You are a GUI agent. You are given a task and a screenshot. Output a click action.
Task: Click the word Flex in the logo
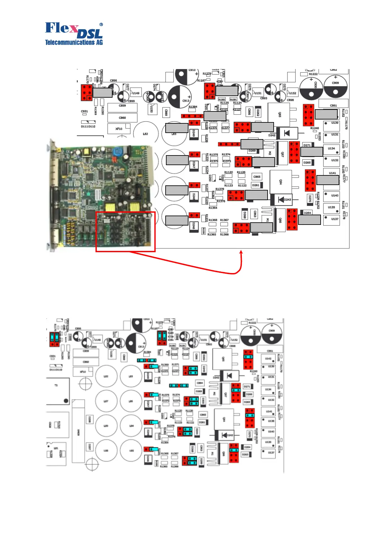click(x=61, y=28)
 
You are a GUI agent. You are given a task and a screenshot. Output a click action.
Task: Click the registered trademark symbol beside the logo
click(x=101, y=24)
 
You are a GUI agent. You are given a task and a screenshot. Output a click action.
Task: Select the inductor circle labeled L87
click(x=106, y=401)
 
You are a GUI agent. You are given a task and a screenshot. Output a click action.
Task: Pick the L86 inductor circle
click(x=131, y=401)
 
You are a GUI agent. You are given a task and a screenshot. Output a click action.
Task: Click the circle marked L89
click(x=106, y=426)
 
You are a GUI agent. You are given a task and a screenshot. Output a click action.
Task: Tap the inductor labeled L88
click(x=106, y=450)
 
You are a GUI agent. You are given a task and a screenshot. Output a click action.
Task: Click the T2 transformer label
click(x=56, y=385)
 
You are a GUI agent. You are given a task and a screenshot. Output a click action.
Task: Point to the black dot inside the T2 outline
click(x=66, y=401)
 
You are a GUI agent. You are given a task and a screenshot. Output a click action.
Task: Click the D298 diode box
click(x=89, y=419)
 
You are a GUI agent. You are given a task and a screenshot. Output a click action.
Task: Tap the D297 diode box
click(x=89, y=447)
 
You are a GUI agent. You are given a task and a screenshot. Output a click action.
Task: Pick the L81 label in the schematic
click(x=56, y=448)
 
